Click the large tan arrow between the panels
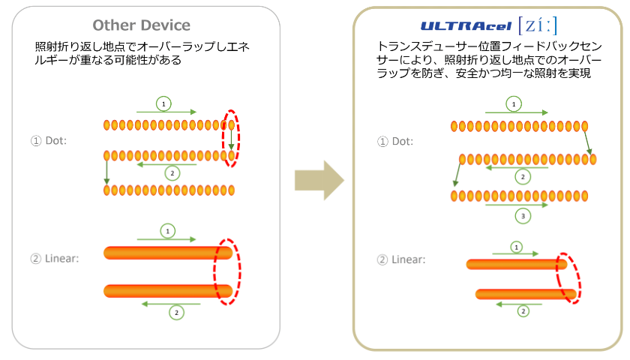(x=319, y=180)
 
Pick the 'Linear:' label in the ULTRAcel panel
(x=400, y=260)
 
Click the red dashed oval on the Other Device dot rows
(x=232, y=139)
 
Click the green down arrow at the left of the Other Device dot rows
(x=106, y=172)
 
